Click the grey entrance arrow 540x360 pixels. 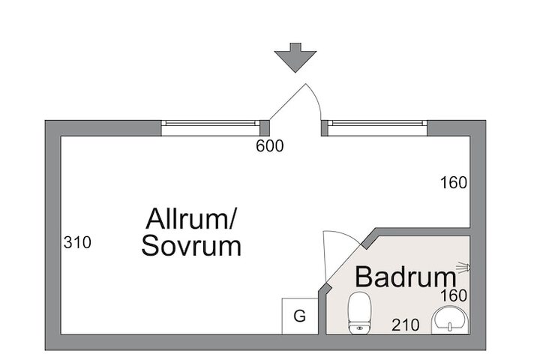tap(295, 58)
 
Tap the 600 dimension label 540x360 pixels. tap(270, 146)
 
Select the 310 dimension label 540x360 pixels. tap(77, 242)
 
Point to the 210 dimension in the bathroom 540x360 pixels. tap(406, 325)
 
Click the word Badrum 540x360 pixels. tap(406, 277)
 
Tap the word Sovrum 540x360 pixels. tap(191, 246)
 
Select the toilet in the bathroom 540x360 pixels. tap(360, 313)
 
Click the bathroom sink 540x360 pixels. tap(450, 321)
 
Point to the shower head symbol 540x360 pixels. tap(463, 268)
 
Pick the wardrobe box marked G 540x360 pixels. tap(299, 316)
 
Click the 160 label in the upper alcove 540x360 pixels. tap(454, 182)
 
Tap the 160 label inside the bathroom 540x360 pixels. tap(454, 295)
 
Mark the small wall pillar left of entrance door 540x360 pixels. tap(265, 128)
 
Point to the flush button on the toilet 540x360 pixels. tap(360, 328)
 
